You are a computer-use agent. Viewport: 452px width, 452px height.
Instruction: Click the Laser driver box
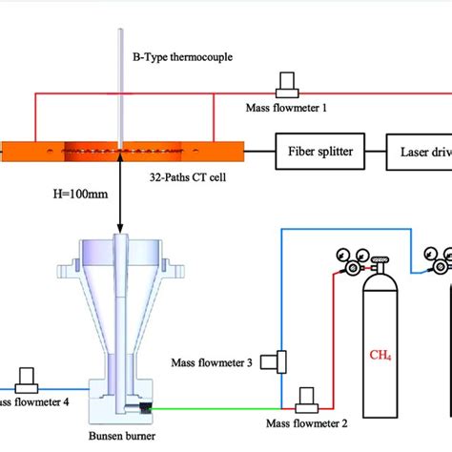(x=420, y=150)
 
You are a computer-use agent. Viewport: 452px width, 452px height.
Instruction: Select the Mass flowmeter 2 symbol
(x=308, y=396)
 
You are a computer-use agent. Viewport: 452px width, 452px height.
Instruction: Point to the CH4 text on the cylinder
(x=381, y=357)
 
